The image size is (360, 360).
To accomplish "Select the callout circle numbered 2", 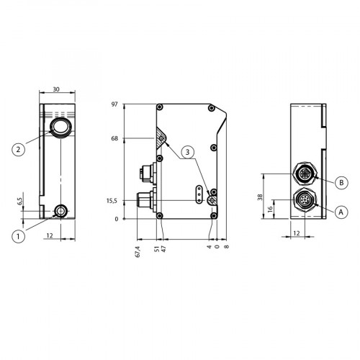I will pos(19,150).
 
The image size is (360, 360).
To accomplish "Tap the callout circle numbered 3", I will pos(186,152).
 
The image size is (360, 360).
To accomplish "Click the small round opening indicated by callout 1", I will pos(60,211).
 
